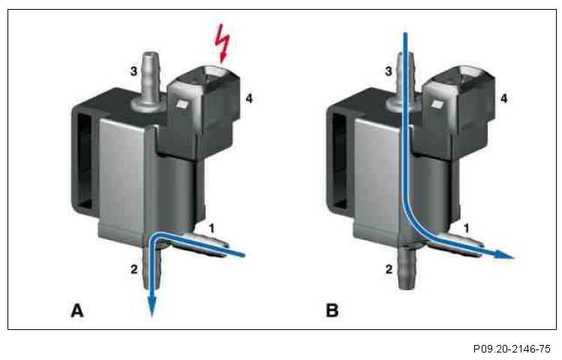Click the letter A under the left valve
point(78,309)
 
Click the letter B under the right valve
point(332,309)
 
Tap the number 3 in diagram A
point(134,70)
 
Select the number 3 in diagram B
point(388,70)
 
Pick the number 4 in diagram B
point(504,98)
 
